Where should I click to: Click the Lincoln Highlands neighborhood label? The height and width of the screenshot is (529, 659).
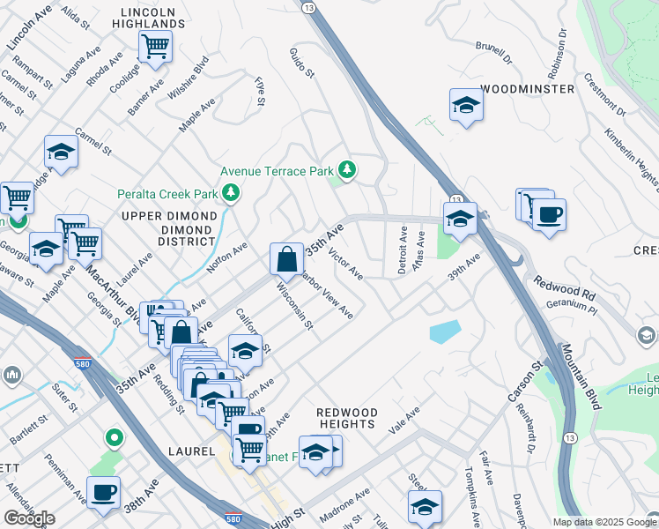click(155, 16)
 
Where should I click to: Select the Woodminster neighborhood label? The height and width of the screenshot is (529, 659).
click(528, 89)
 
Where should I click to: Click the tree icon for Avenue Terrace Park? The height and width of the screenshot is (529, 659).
click(348, 169)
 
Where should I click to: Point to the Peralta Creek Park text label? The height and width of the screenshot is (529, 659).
click(167, 193)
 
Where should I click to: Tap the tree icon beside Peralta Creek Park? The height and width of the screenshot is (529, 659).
click(232, 190)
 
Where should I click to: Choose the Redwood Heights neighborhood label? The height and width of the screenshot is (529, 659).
click(347, 418)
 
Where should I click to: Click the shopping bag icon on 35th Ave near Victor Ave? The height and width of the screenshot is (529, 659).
click(286, 260)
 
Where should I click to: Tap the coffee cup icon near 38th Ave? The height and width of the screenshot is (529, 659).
click(103, 493)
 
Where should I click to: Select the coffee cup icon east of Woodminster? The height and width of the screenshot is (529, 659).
click(549, 215)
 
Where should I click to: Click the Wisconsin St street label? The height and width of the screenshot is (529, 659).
click(295, 305)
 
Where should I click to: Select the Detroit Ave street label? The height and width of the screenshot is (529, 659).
click(403, 250)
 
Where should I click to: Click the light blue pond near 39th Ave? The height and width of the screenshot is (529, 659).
click(444, 332)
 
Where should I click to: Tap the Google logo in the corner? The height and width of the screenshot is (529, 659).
click(29, 518)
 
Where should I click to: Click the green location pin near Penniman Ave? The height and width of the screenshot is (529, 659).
click(114, 437)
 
